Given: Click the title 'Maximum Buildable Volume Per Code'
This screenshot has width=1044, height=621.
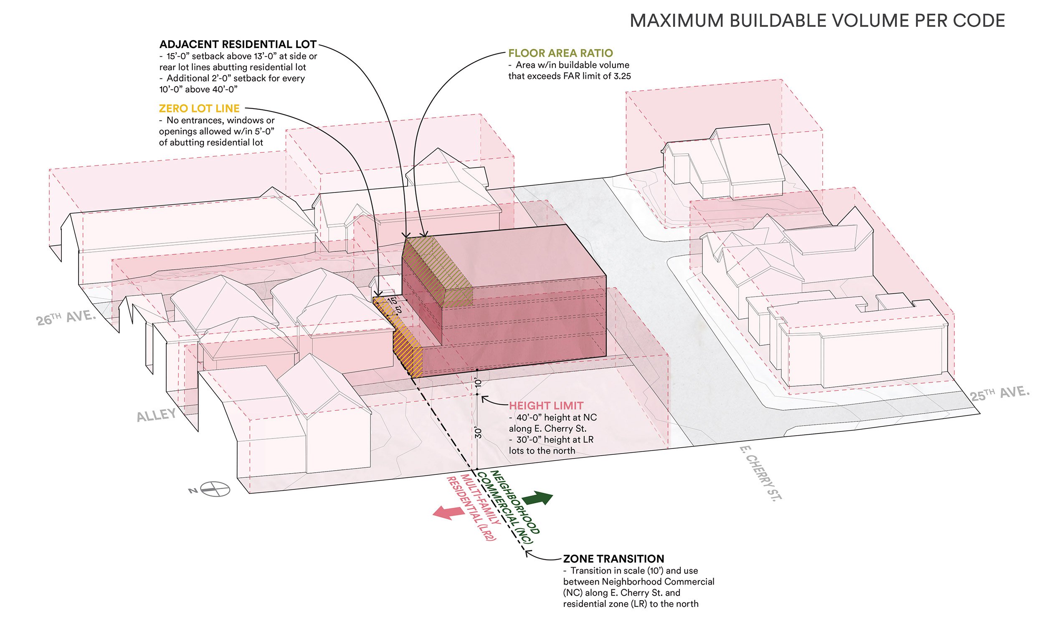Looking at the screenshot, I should (817, 21).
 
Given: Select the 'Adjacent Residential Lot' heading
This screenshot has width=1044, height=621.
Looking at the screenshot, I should (238, 44).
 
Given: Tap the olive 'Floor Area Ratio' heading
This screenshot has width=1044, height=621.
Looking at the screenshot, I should (560, 53).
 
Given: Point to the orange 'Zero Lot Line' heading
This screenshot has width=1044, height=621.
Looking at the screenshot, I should (199, 109).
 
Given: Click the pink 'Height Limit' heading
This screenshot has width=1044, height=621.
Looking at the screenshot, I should (546, 406).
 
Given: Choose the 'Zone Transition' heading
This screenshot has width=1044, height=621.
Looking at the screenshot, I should (613, 559).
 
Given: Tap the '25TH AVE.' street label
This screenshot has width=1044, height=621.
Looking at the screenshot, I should (999, 394).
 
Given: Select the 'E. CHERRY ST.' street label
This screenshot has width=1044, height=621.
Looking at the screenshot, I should (760, 472).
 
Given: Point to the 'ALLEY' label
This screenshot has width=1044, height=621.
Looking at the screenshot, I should (156, 415).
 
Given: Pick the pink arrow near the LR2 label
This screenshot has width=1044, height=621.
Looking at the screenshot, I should (447, 512).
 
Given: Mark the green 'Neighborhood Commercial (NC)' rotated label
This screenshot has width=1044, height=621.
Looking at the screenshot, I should (508, 507).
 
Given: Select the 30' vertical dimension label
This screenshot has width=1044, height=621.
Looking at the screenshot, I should (479, 433).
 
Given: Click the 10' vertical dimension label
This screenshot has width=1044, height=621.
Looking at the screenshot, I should (478, 383).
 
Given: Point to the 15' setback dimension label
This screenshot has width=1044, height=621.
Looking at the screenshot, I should (392, 301).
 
